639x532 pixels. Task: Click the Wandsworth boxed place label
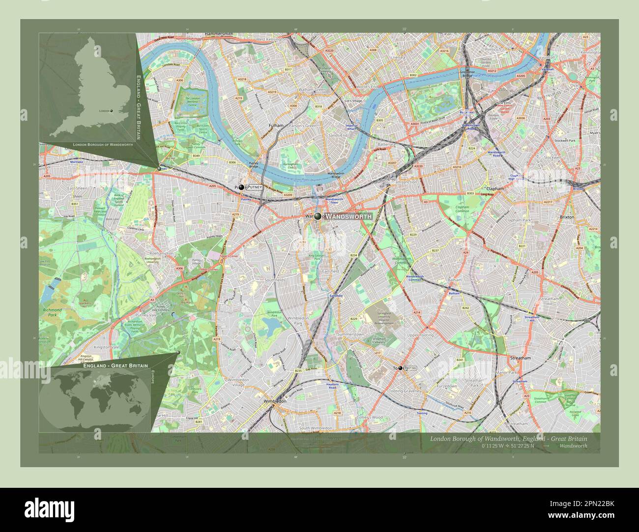(x=349, y=216)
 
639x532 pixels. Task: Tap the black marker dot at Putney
(x=241, y=187)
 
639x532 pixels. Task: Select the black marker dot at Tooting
(x=400, y=368)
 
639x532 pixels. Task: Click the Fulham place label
(x=277, y=126)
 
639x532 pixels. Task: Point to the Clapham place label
(x=494, y=188)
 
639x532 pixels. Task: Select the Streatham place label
(x=521, y=358)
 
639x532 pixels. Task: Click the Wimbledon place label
(x=275, y=401)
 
